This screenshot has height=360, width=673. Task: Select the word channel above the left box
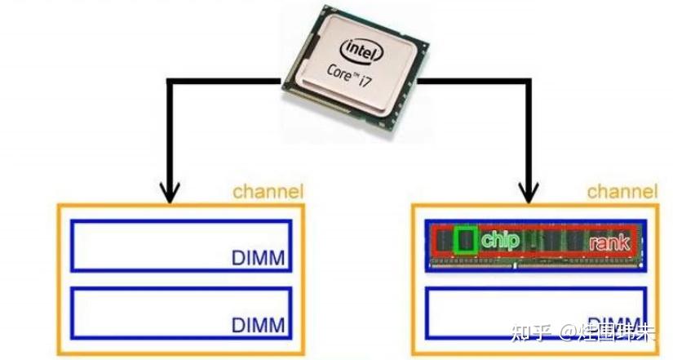268,192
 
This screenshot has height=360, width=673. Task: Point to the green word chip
500,240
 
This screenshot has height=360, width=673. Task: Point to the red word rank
609,242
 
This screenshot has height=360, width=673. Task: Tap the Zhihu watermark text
583,332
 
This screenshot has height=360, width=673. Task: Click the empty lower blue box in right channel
506,314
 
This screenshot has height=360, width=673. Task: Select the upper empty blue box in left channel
147,245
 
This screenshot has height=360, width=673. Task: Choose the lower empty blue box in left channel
147,313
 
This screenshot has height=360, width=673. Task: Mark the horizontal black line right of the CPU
473,81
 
